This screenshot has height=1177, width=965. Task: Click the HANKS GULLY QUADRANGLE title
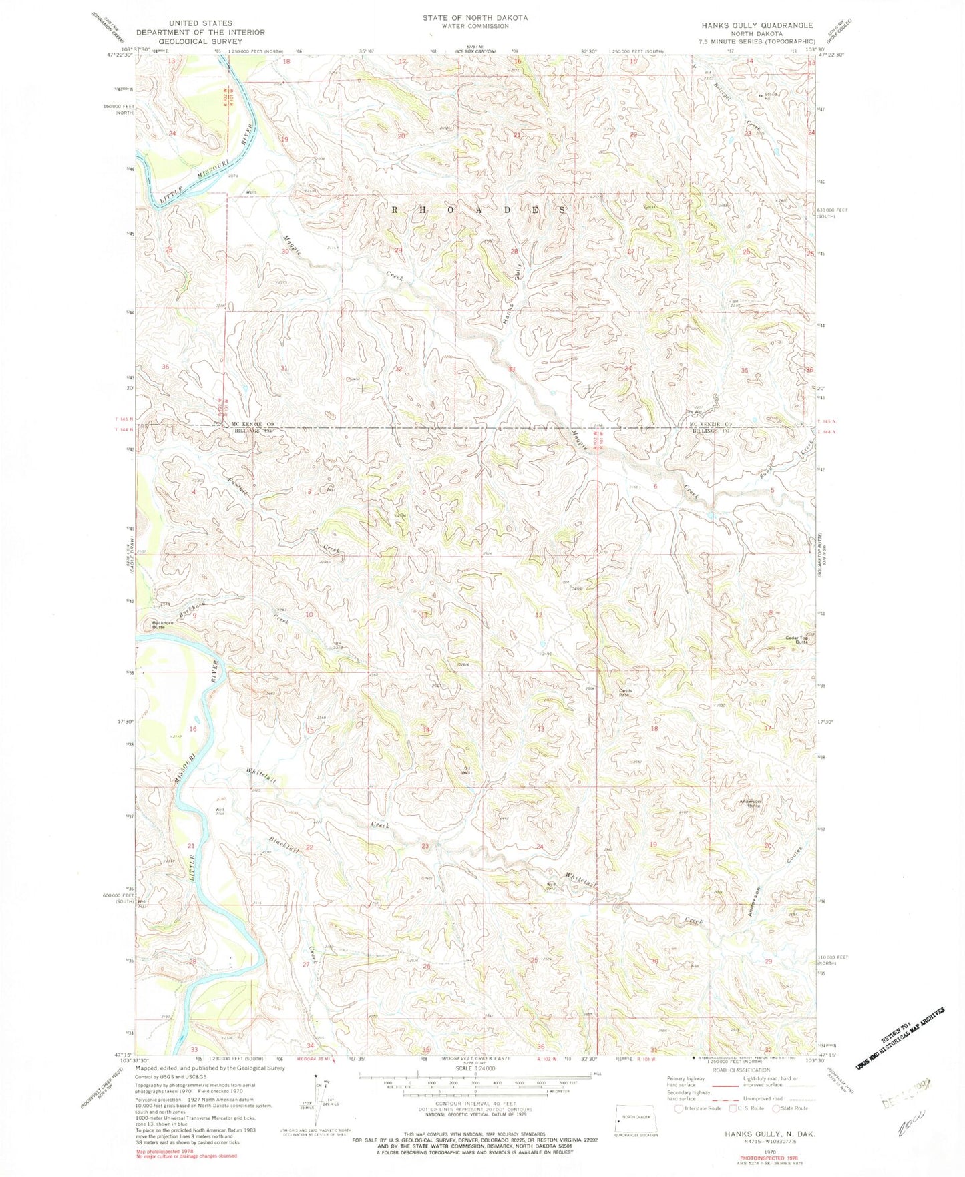point(757,25)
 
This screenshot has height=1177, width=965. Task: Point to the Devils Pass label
point(624,692)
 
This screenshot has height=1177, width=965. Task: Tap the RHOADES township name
point(479,209)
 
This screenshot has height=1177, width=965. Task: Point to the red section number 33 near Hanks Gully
point(512,369)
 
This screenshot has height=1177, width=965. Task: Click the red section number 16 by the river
point(193,729)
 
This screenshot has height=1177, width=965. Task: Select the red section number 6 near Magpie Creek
point(655,487)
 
